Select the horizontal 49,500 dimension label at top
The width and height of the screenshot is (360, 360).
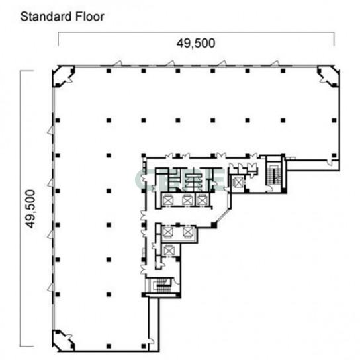point(196,43)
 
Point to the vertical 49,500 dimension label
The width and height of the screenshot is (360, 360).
point(30,208)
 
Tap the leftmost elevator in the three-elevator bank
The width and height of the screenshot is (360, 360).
point(167,201)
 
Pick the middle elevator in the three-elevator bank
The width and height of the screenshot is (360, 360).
point(187,201)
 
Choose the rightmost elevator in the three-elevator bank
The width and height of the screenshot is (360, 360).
point(202,201)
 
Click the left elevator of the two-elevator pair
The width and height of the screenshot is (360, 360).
point(167,232)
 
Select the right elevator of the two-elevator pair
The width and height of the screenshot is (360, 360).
point(187,232)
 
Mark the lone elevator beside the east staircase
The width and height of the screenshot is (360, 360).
point(238,183)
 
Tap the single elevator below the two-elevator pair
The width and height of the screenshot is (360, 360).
point(169,250)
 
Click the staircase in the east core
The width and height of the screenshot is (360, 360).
point(274,173)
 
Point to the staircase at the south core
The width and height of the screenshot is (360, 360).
point(161,286)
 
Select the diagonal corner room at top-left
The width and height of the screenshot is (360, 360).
point(63,76)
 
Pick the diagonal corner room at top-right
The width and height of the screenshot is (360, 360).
point(328,76)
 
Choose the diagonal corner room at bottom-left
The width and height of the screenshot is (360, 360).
point(63,341)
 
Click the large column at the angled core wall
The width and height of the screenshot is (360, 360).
point(214,225)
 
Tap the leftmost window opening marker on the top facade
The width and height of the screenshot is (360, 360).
point(118,63)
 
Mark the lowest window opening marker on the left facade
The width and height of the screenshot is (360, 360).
point(50,287)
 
